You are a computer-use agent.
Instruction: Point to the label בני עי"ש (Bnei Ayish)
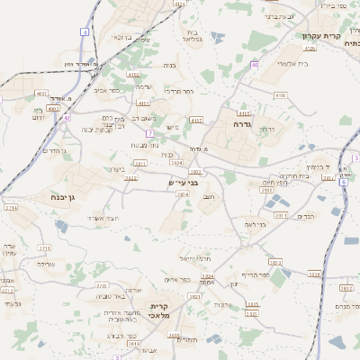pyautogui.click(x=184, y=183)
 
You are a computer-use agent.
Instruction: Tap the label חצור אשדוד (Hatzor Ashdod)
pyautogui.click(x=103, y=218)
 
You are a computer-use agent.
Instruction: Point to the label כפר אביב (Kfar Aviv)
pyautogui.click(x=107, y=90)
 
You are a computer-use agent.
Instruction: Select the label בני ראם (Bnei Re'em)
pyautogui.click(x=258, y=223)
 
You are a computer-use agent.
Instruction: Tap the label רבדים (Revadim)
pyautogui.click(x=305, y=216)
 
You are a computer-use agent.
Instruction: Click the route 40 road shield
pyautogui.click(x=255, y=64)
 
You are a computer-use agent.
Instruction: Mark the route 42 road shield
pyautogui.click(x=66, y=117)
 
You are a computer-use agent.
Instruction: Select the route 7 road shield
pyautogui.click(x=149, y=133)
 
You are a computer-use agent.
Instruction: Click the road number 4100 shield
pyautogui.click(x=280, y=94)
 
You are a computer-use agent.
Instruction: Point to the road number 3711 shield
pyautogui.click(x=44, y=247)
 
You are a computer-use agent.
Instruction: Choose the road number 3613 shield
pyautogui.click(x=133, y=343)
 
